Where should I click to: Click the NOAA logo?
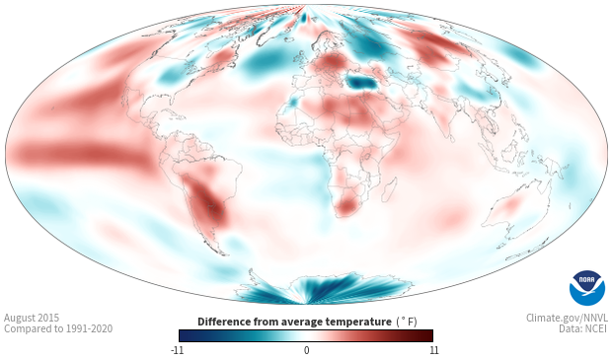coord(587,288)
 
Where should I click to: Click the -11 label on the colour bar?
coord(177,350)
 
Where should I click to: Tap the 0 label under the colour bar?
coord(306,350)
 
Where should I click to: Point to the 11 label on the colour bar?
coord(433,350)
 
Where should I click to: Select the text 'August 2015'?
coord(32,318)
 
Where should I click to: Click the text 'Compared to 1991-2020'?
coord(58,328)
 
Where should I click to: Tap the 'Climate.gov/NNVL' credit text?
coord(567,318)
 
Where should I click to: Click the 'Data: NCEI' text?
coord(583,328)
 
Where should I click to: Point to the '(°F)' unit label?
coord(407,322)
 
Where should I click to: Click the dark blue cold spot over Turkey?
coord(360,82)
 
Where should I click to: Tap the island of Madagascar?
coord(389,189)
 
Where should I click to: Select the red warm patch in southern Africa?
coord(347,206)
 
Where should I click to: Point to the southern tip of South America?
coord(224,254)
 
